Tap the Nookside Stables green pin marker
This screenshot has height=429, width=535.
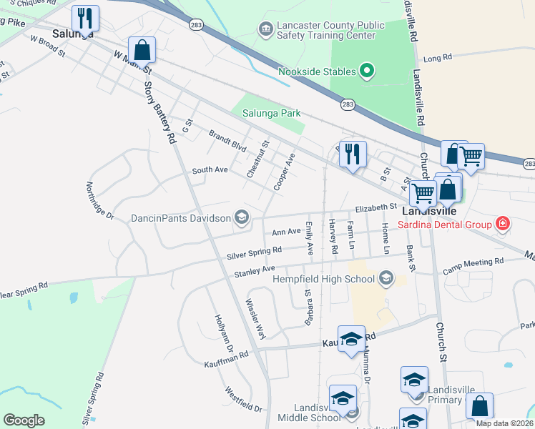[x=367, y=71]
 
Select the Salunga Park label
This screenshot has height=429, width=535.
[x=271, y=113]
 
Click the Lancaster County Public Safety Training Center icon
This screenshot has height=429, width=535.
[x=265, y=29]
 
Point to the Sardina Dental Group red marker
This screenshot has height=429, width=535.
[x=503, y=224]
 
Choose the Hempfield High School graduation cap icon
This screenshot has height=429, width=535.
[x=387, y=277]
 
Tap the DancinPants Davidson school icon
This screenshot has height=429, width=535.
[x=242, y=217]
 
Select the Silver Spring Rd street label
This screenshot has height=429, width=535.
[x=254, y=252]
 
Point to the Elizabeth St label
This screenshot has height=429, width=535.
[x=377, y=207]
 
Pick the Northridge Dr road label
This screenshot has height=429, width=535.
[x=100, y=200]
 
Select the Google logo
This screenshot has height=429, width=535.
[x=24, y=420]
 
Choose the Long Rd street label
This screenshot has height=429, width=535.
[x=438, y=57]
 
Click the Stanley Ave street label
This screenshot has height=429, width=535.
[x=255, y=272]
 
